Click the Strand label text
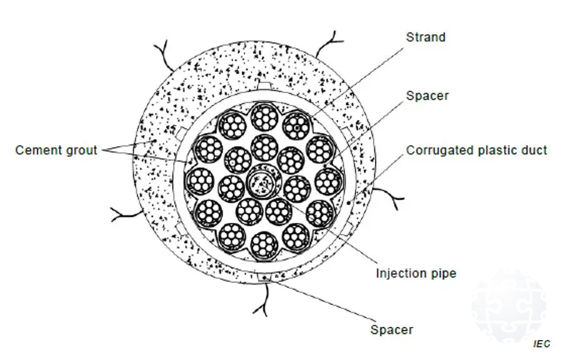tap(426, 37)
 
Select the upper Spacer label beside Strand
tap(427, 96)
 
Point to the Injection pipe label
tap(416, 274)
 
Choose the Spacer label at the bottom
tap(391, 329)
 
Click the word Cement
tap(37, 151)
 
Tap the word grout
tap(81, 151)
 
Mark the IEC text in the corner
tap(542, 344)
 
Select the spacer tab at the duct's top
tap(264, 84)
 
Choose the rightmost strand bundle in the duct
tap(329, 181)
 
